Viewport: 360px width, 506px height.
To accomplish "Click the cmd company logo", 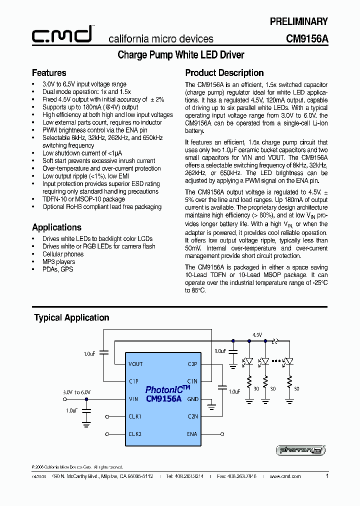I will pos(62,34).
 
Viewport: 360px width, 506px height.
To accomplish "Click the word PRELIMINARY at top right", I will pos(299,21).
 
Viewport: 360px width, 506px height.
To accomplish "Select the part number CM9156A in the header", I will pos(307,38).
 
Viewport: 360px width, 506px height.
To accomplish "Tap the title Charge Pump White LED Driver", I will pos(180,55).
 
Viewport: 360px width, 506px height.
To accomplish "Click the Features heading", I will pos(49,73).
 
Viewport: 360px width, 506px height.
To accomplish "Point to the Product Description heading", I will pos(224,73).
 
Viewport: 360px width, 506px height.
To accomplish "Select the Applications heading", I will pos(56,227).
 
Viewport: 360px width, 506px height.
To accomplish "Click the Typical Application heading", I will pos(71,317).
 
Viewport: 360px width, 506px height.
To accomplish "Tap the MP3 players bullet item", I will pos(58,261).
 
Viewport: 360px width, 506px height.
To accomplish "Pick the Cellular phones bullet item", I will pos(63,254).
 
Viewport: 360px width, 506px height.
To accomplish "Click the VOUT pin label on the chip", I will pos(135,364).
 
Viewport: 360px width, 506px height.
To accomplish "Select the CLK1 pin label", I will pos(135,416).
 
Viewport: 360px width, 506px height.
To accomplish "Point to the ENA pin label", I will pos(192,434).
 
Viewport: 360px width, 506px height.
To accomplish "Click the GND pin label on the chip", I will pos(192,399).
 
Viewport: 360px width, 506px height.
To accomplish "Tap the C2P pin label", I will pos(192,364).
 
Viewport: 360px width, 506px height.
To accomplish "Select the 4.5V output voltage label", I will pos(257,334).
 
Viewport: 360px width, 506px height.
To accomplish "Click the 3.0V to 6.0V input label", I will pos(76,392).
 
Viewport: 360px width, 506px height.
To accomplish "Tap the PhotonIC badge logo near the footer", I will pos(300,450).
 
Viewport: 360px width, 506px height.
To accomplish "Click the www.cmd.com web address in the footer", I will pos(285,476).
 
